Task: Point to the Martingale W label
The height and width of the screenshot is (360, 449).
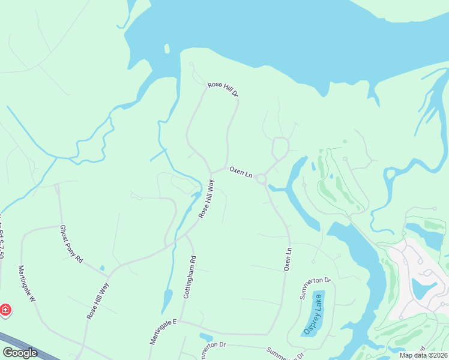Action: click(27, 283)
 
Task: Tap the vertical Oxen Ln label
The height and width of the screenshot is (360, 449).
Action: click(288, 259)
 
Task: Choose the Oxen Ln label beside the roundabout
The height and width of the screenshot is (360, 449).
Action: click(241, 172)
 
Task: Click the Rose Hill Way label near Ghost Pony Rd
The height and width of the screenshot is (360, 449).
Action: click(97, 300)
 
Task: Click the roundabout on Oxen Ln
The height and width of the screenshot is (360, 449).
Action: click(261, 179)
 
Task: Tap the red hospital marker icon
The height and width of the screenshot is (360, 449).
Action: click(5, 310)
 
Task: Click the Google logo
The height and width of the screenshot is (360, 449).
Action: click(20, 353)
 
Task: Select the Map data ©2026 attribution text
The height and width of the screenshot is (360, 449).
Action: click(423, 355)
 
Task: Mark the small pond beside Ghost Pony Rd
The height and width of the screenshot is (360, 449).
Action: click(102, 268)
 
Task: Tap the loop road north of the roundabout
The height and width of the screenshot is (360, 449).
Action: click(280, 146)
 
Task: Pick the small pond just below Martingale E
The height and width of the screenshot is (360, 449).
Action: click(205, 337)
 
